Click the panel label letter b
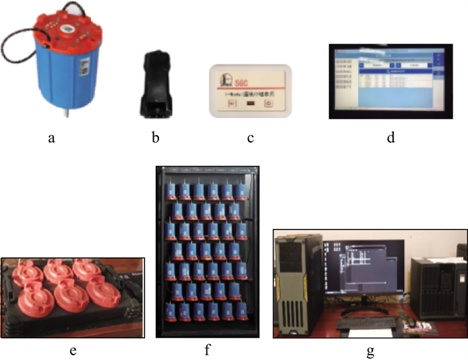(155, 139)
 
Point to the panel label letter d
(390, 139)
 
